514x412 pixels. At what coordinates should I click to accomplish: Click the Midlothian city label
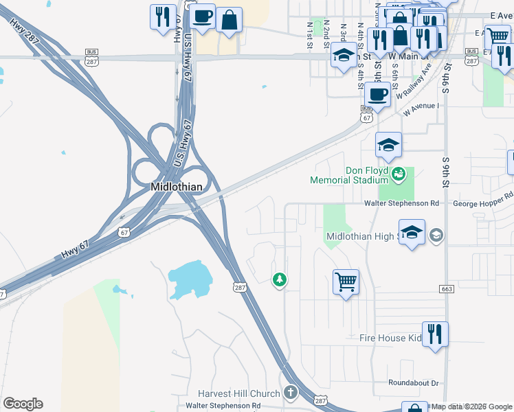(176, 187)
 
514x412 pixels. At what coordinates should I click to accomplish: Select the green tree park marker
(279, 279)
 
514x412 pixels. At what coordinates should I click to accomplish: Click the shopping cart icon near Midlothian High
(346, 281)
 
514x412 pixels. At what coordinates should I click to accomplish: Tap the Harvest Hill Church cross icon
(291, 393)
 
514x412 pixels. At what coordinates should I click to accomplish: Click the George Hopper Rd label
(483, 203)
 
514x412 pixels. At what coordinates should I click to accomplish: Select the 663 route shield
(447, 289)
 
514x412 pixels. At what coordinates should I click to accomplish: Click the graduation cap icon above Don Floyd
(388, 145)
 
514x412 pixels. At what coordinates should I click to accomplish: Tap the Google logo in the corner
(23, 404)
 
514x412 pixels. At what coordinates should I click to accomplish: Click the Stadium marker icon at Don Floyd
(398, 175)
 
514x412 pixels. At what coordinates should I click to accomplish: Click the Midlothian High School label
(360, 236)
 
